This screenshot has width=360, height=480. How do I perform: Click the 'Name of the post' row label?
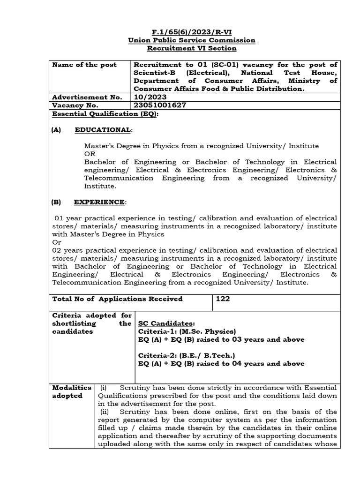click(x=84, y=65)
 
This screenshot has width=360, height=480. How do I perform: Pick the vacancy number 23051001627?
click(x=160, y=105)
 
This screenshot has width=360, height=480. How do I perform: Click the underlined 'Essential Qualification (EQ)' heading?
click(x=105, y=113)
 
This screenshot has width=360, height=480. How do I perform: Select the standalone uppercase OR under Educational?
click(x=89, y=154)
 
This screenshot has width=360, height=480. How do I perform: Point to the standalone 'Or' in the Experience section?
click(x=56, y=242)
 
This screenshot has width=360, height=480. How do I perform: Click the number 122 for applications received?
click(x=223, y=299)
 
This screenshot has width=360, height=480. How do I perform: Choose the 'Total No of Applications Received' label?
click(x=117, y=299)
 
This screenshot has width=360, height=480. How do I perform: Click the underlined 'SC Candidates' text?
click(x=166, y=324)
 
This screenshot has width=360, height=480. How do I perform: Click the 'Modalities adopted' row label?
click(x=71, y=391)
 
